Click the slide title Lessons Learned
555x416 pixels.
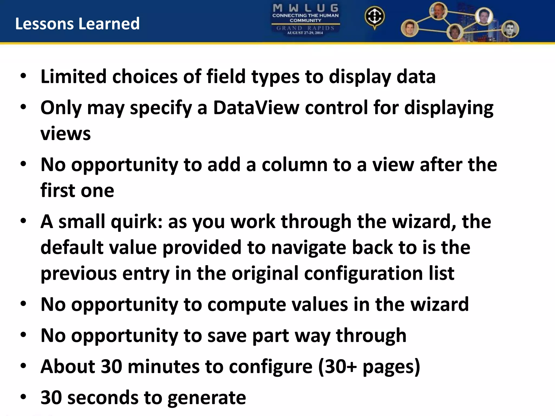click(x=77, y=24)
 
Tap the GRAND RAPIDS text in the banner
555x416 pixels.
click(x=305, y=28)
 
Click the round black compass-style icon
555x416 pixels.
click(x=374, y=17)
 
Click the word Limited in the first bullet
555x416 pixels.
click(x=73, y=77)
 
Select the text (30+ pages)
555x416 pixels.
click(x=369, y=367)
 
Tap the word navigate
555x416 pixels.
click(x=308, y=248)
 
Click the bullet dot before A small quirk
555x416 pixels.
click(x=23, y=221)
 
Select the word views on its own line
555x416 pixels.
click(x=66, y=134)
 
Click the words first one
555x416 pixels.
click(x=77, y=191)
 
